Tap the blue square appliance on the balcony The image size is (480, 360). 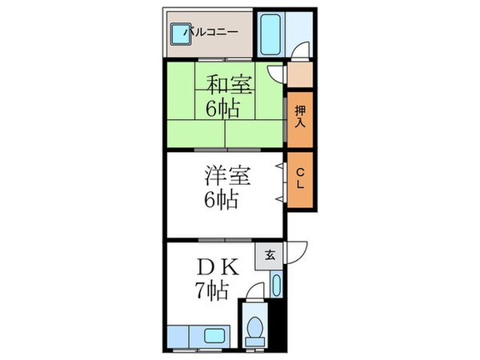[x=177, y=34]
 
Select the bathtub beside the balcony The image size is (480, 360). [x=270, y=34]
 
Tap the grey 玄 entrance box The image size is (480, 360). [x=270, y=256]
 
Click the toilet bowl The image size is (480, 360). [x=255, y=328]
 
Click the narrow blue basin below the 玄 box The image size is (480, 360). [x=276, y=284]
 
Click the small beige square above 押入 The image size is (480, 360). [x=299, y=75]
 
